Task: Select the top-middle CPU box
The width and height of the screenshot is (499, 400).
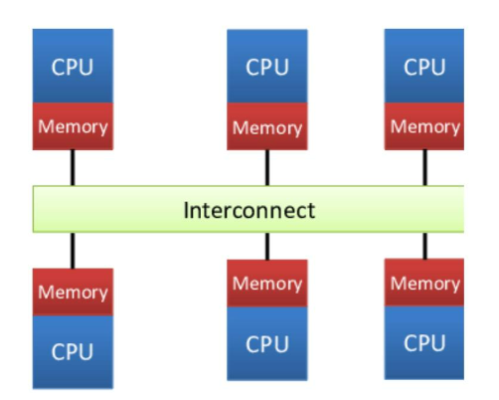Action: click(266, 68)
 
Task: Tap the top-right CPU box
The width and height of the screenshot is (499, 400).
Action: click(424, 68)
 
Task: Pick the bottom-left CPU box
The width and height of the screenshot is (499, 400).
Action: click(73, 351)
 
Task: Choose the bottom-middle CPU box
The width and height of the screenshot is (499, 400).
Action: click(266, 344)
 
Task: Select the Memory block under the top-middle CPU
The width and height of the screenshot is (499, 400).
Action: click(266, 127)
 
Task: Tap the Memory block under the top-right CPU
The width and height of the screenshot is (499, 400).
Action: click(424, 126)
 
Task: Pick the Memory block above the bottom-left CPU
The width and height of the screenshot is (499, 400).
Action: click(73, 292)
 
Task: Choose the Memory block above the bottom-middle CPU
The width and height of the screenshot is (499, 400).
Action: click(266, 284)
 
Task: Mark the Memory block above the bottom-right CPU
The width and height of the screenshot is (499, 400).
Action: click(424, 284)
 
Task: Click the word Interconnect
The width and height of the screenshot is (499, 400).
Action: click(249, 210)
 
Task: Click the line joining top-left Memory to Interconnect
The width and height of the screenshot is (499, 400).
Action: click(73, 166)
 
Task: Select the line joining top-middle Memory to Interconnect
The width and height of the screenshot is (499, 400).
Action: click(266, 167)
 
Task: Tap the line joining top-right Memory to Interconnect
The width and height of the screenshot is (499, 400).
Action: click(424, 167)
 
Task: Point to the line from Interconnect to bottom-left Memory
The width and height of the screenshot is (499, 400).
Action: click(73, 251)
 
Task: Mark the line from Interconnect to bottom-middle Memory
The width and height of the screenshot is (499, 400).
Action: click(266, 247)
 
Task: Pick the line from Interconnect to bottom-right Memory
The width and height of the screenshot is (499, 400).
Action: click(424, 247)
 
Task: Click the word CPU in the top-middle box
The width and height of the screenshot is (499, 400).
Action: click(266, 68)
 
